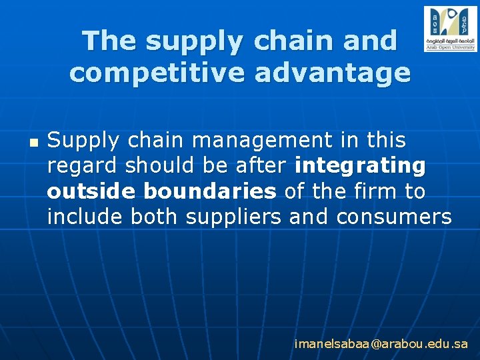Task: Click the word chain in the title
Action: tap(291, 41)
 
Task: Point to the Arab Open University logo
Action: tap(450, 29)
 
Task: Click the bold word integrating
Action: tap(360, 165)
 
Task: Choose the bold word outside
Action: tap(92, 191)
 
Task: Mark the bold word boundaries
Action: tap(209, 191)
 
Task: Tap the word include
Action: tap(85, 217)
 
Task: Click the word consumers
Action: tap(394, 217)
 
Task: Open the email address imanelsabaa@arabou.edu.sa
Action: tap(381, 345)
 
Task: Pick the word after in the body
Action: tap(262, 165)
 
